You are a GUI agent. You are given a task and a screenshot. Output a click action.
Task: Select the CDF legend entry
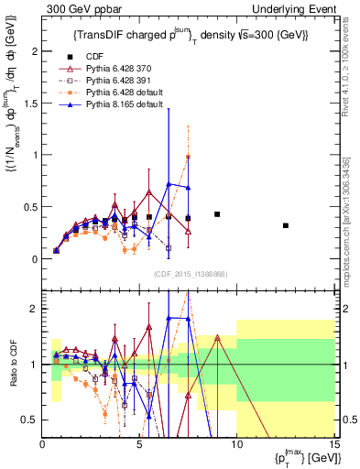coord(89,57)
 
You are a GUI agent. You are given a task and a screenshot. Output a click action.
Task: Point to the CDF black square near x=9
coord(217,214)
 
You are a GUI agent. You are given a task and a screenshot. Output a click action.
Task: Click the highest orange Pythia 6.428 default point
coord(188,157)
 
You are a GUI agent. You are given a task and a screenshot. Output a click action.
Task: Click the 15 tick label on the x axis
coord(333,444)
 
